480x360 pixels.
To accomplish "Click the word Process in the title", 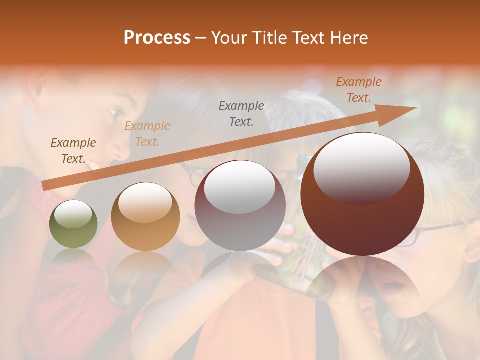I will (157, 38).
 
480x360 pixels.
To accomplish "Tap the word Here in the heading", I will (348, 38).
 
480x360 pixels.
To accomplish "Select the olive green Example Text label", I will (73, 151).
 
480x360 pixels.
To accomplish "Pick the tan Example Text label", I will (147, 134).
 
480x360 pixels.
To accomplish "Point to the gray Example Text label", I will (241, 114).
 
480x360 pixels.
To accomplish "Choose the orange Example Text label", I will (359, 90).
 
